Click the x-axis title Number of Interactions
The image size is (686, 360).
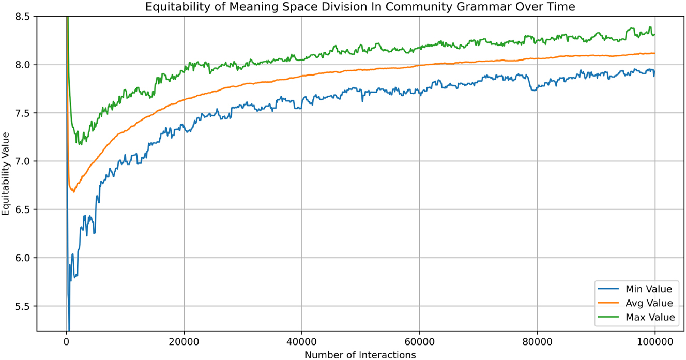[x=360, y=354]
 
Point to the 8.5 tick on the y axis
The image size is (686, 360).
[x=23, y=17]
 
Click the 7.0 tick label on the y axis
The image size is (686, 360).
[x=23, y=161]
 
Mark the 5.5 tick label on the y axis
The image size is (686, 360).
[x=23, y=306]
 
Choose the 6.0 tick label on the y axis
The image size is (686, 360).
[x=23, y=258]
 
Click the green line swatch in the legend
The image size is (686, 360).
[x=610, y=317]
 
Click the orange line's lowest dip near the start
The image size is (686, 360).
[x=73, y=192]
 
